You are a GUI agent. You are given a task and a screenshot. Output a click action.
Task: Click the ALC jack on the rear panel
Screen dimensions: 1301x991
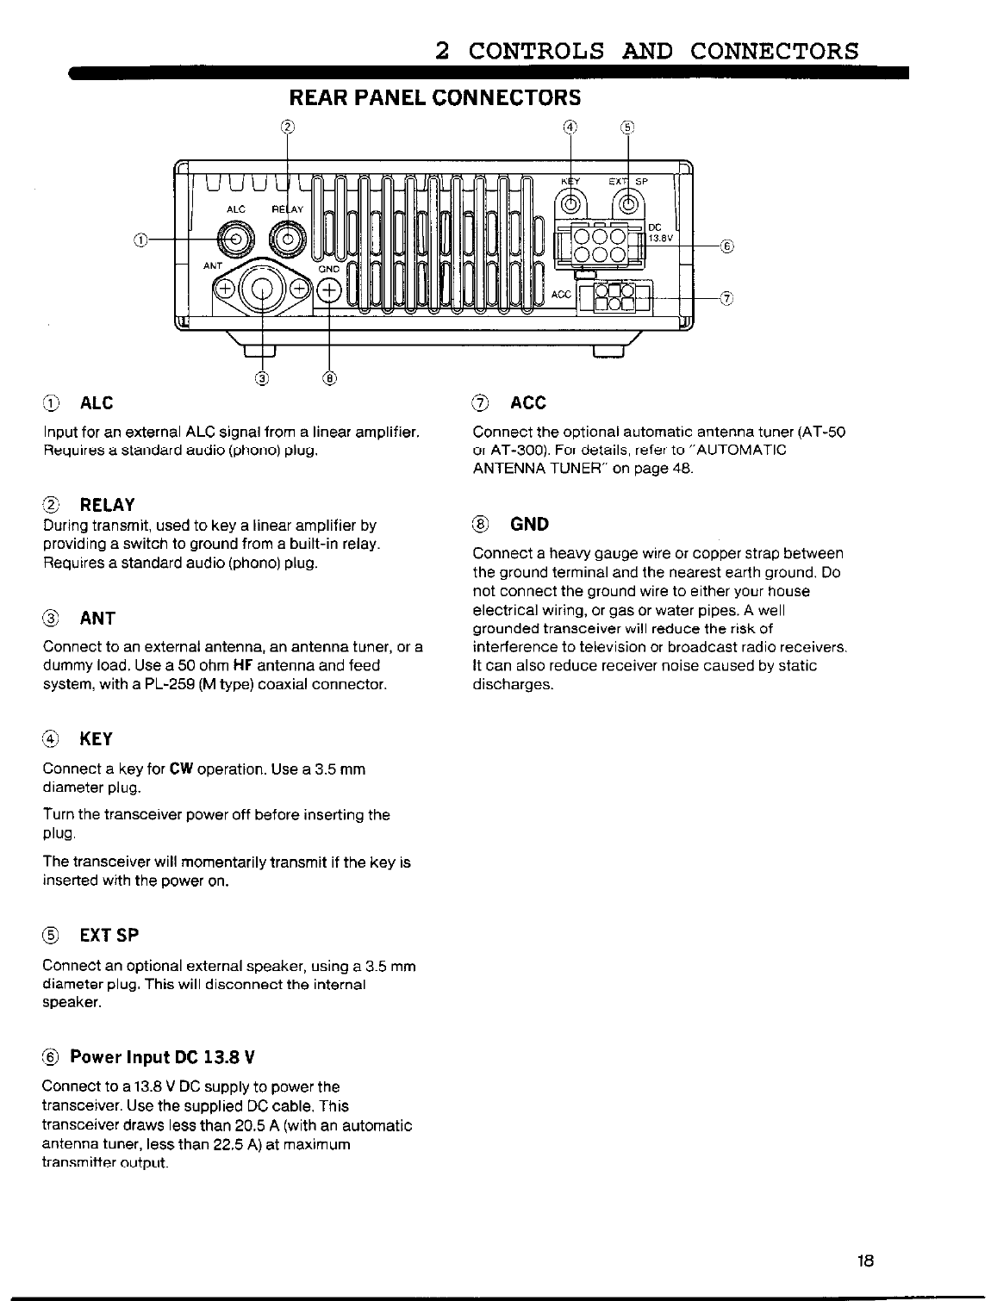pyautogui.click(x=235, y=237)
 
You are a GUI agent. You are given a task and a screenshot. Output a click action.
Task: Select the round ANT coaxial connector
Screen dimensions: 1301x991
pyautogui.click(x=262, y=288)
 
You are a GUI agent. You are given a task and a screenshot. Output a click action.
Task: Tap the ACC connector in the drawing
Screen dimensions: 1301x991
pyautogui.click(x=615, y=296)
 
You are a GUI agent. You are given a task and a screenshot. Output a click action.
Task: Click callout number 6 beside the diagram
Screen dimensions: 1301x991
pyautogui.click(x=726, y=246)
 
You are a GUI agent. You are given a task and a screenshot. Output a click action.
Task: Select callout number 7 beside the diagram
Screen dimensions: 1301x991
pyautogui.click(x=726, y=298)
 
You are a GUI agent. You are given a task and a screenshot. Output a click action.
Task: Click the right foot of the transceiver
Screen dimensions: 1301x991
pyautogui.click(x=608, y=350)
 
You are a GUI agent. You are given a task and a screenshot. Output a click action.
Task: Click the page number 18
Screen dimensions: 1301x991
pyautogui.click(x=866, y=1261)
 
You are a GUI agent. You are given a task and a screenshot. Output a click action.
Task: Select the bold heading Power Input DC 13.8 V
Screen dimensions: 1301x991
pyautogui.click(x=163, y=1057)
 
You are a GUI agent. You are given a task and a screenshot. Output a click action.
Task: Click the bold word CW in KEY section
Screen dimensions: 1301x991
pyautogui.click(x=180, y=769)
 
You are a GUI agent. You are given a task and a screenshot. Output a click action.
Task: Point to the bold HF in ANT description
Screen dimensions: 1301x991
pyautogui.click(x=242, y=665)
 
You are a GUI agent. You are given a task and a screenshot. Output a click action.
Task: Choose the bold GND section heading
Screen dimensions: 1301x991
pyautogui.click(x=529, y=524)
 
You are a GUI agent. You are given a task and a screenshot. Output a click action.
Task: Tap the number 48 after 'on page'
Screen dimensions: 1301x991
pyautogui.click(x=683, y=470)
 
